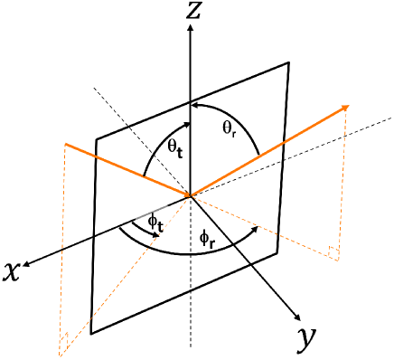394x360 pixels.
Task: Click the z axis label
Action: click(x=190, y=10)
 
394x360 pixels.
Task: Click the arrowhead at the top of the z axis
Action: click(x=190, y=27)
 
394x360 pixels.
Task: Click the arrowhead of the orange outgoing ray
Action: click(x=346, y=108)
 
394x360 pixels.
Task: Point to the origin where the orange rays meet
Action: click(x=190, y=194)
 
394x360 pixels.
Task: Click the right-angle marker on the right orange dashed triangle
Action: click(x=335, y=255)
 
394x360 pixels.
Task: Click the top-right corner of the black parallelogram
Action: click(x=289, y=62)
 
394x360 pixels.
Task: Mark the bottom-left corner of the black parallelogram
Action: click(x=91, y=334)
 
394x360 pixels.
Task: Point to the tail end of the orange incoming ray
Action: click(x=65, y=143)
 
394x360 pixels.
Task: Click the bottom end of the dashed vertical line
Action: click(x=190, y=346)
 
